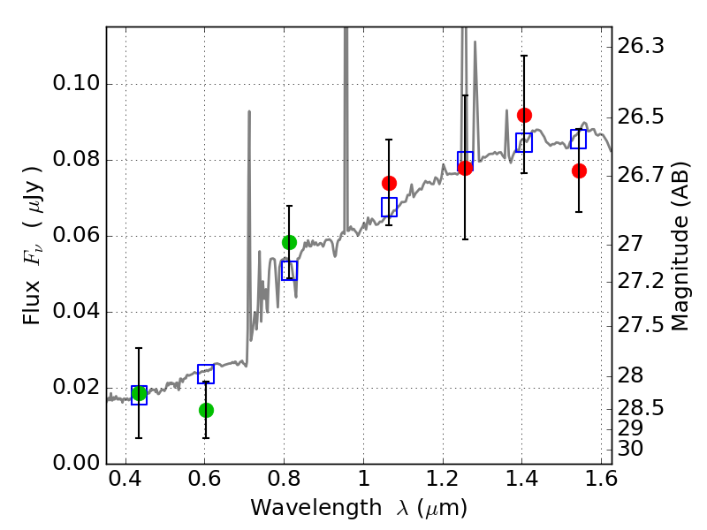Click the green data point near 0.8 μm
(x=289, y=242)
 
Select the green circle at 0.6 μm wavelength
(x=206, y=410)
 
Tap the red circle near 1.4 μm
(x=524, y=116)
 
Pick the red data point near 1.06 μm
(x=389, y=183)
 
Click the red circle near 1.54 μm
(x=579, y=170)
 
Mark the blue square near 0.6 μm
(x=206, y=374)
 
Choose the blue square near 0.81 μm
(x=290, y=270)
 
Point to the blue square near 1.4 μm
(x=524, y=142)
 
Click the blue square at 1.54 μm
(x=578, y=139)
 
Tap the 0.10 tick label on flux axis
(x=76, y=83)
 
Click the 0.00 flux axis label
(x=76, y=463)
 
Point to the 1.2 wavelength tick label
(x=443, y=479)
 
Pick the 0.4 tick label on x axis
(x=125, y=479)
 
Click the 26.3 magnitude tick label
(x=640, y=46)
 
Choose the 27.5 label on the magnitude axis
(x=640, y=325)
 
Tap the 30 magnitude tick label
(x=630, y=449)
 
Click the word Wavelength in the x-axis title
(x=316, y=508)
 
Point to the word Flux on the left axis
(x=32, y=303)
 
